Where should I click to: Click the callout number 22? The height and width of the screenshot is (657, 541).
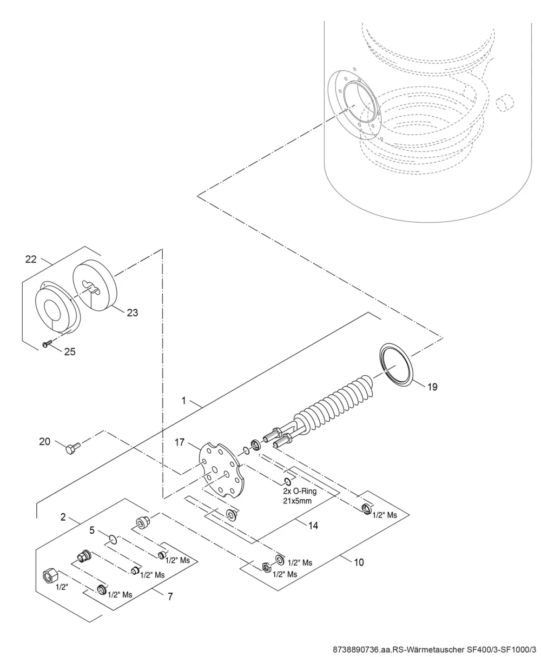31,259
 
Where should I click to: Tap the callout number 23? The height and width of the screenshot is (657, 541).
132,313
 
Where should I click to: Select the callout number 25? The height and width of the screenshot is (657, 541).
70,351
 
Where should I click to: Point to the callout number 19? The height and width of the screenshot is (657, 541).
432,387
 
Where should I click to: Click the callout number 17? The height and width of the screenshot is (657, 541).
180,442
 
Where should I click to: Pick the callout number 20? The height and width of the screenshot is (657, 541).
44,441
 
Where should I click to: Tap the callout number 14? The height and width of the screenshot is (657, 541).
313,526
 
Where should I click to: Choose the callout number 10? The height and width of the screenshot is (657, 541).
359,562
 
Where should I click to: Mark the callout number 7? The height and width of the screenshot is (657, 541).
170,596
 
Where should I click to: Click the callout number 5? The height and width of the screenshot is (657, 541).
91,530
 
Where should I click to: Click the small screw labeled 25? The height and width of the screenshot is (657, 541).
47,343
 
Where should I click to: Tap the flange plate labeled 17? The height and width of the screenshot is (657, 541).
222,470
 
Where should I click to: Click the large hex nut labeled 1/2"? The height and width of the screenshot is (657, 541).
50,574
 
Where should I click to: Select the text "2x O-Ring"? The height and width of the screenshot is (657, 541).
300,492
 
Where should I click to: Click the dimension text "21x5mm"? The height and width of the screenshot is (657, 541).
297,501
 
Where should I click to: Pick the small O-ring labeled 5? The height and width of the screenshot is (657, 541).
113,539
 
